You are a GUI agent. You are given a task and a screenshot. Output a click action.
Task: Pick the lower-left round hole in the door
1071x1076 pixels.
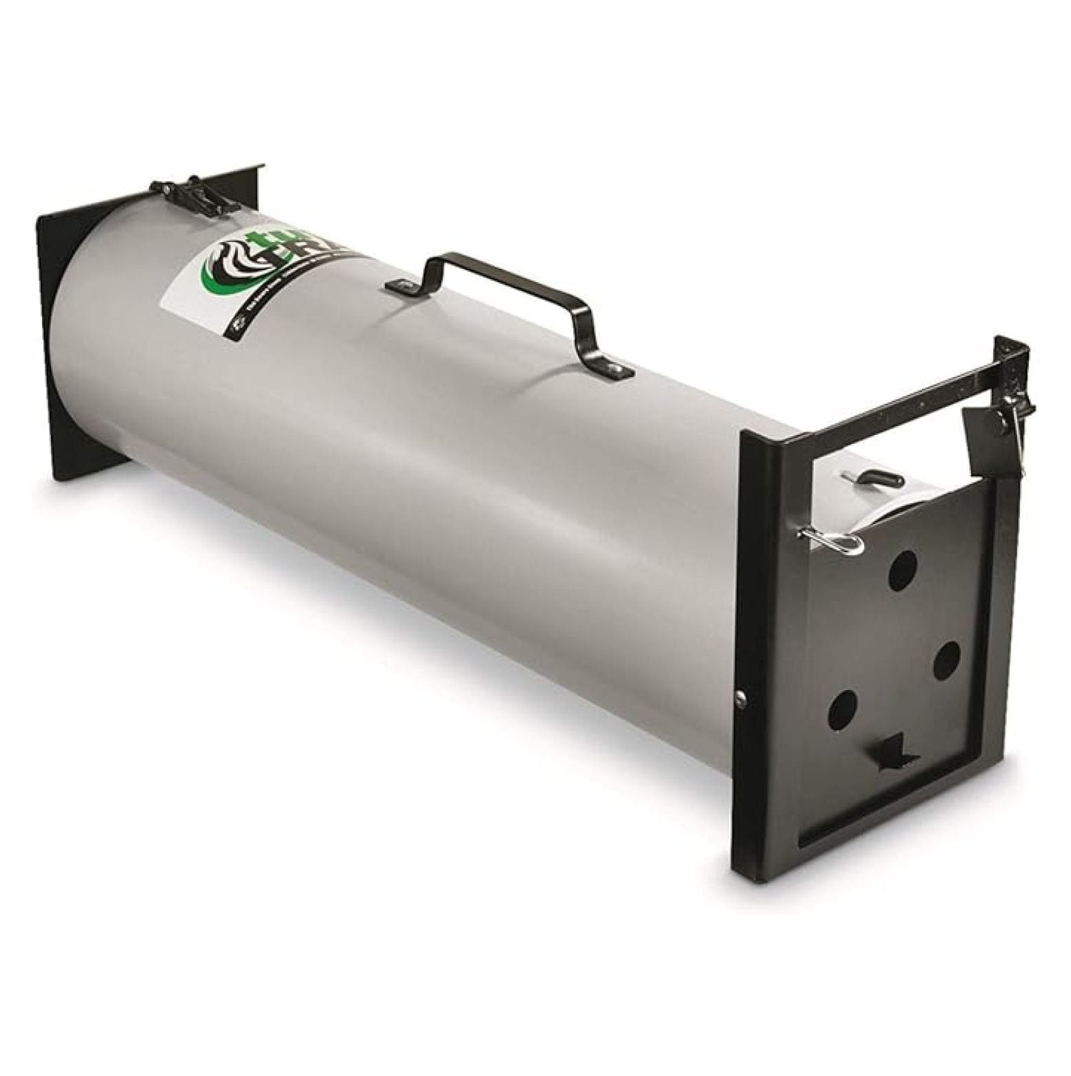point(842,707)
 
